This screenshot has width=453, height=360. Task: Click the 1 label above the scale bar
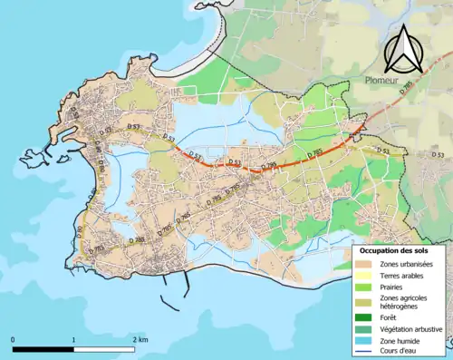point(73,338)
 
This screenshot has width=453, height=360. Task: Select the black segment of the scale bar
point(43,348)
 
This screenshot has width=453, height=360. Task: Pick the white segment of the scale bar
point(103,348)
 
